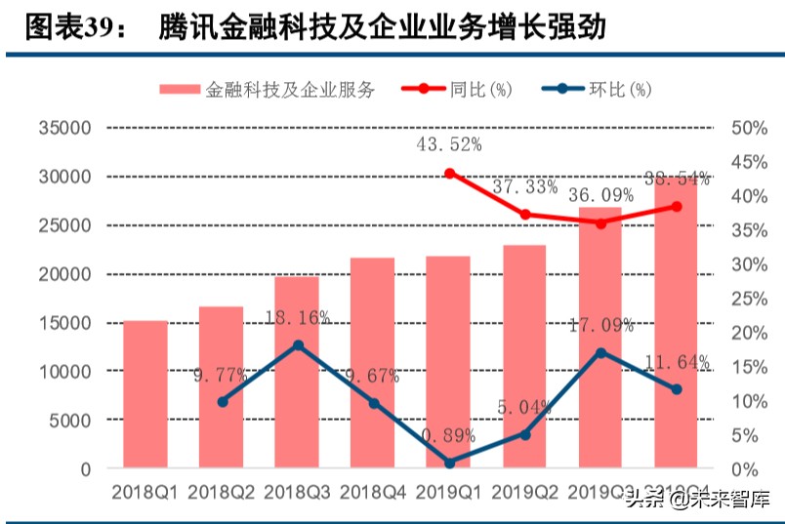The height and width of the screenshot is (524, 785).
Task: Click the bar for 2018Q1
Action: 145,394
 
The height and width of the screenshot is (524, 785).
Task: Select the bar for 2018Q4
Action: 373,363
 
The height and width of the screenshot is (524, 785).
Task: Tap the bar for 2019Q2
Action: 524,357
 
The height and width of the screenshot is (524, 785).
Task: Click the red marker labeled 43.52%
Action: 449,174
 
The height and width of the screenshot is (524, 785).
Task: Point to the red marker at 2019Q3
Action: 600,223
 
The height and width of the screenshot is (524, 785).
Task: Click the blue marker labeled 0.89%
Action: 449,463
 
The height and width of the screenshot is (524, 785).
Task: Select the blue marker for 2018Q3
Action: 298,345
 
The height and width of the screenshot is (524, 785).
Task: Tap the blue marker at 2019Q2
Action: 525,434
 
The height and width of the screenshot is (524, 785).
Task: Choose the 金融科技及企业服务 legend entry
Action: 268,90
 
